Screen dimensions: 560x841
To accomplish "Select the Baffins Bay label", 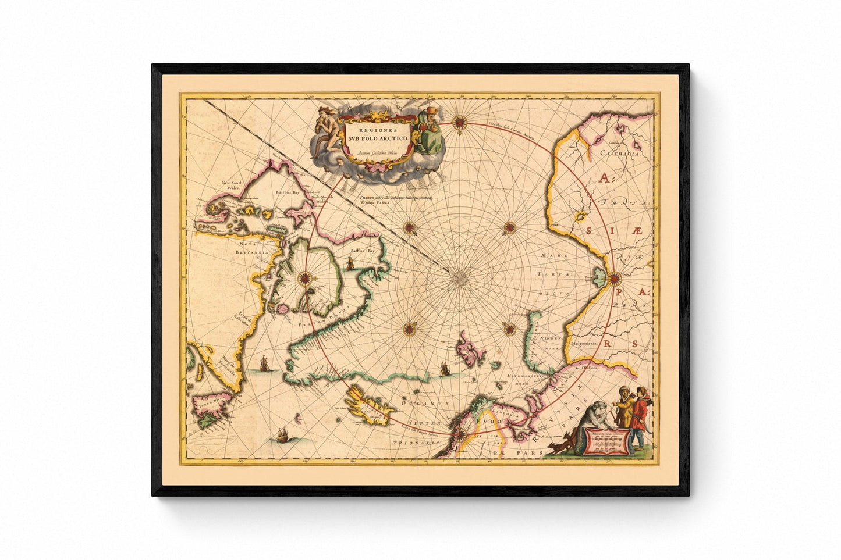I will [x=361, y=251].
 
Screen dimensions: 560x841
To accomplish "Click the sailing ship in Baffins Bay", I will [x=350, y=263].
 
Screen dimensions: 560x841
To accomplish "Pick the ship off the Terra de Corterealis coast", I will [x=263, y=364].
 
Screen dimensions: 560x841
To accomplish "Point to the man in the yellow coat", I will [x=623, y=412].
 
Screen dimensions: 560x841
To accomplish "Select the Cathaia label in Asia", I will [x=622, y=155].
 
